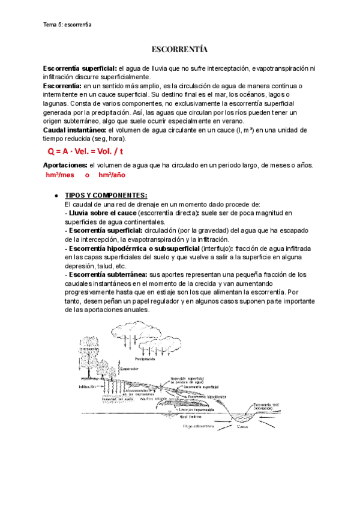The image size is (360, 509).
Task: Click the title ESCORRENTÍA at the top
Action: coord(180,49)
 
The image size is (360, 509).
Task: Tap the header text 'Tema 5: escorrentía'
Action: coord(67,25)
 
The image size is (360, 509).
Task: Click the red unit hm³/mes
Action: coord(59,175)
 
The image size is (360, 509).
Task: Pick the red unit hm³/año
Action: coord(112,175)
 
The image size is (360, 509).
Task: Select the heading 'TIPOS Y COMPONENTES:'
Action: coord(106,196)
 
